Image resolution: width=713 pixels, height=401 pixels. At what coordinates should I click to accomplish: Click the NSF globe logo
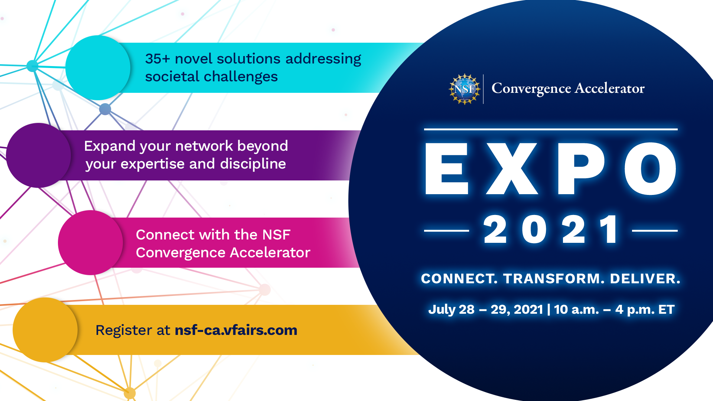click(x=465, y=89)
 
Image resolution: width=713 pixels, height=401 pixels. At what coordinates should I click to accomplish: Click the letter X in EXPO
click(x=512, y=169)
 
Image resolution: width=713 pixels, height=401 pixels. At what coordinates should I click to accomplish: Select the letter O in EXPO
click(x=651, y=169)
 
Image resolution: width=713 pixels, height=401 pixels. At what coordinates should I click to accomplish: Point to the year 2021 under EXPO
click(x=551, y=230)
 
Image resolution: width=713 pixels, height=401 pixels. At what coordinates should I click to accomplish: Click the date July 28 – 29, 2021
click(x=486, y=309)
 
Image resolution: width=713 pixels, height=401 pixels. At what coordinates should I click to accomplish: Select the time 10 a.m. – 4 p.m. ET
click(x=614, y=309)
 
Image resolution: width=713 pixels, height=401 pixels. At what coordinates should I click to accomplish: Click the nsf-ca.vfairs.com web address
click(x=236, y=330)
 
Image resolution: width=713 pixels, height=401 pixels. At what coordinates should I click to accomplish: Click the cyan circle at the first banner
click(x=98, y=68)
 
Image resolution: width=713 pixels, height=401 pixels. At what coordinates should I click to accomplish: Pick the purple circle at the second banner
click(x=39, y=155)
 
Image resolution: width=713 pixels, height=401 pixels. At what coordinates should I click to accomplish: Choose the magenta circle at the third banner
click(x=90, y=242)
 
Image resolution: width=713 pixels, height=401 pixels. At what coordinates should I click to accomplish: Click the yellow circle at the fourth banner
click(x=45, y=330)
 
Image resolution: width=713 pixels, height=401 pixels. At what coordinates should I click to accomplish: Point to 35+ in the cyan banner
click(x=157, y=59)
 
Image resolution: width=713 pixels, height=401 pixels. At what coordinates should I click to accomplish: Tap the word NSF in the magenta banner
click(x=276, y=235)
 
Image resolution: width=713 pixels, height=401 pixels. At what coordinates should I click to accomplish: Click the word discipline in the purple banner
click(x=253, y=164)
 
